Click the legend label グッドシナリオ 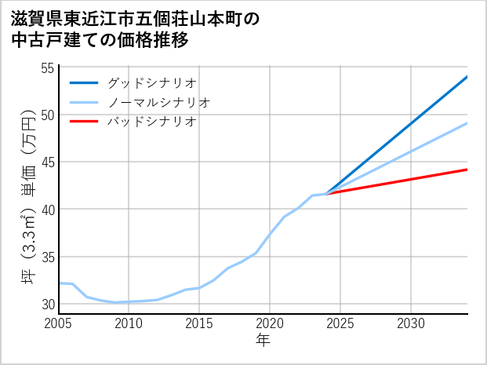coord(151,82)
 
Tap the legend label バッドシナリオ coord(151,122)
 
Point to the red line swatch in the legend coord(84,122)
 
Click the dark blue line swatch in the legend coord(84,82)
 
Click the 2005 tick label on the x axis coord(58,323)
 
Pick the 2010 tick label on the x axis coord(129,323)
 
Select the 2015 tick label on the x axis coord(199,323)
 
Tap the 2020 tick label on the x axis coord(270,323)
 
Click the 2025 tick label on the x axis coord(340,323)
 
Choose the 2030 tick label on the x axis coord(411,323)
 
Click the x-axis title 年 coord(263,340)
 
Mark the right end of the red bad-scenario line coord(467,170)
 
